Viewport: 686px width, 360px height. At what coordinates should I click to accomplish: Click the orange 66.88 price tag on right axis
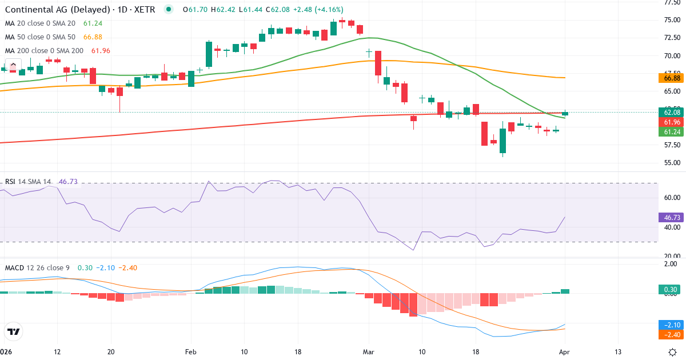pyautogui.click(x=669, y=78)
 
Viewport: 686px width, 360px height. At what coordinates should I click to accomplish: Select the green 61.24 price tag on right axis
pyautogui.click(x=669, y=132)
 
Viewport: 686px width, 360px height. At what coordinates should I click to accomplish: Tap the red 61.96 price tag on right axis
pyautogui.click(x=669, y=122)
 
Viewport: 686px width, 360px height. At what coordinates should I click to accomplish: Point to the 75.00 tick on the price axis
pyautogui.click(x=672, y=20)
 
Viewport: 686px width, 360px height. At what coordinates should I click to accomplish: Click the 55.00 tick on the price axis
pyautogui.click(x=672, y=163)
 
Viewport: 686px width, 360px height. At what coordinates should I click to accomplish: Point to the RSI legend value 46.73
pyautogui.click(x=68, y=182)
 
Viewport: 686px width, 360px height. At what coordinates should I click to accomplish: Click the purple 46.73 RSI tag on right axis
pyautogui.click(x=669, y=217)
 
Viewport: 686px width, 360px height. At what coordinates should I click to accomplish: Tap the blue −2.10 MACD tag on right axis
pyautogui.click(x=669, y=324)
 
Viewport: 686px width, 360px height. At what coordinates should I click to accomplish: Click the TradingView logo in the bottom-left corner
pyautogui.click(x=14, y=331)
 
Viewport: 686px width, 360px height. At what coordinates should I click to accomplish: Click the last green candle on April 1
pyautogui.click(x=565, y=113)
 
